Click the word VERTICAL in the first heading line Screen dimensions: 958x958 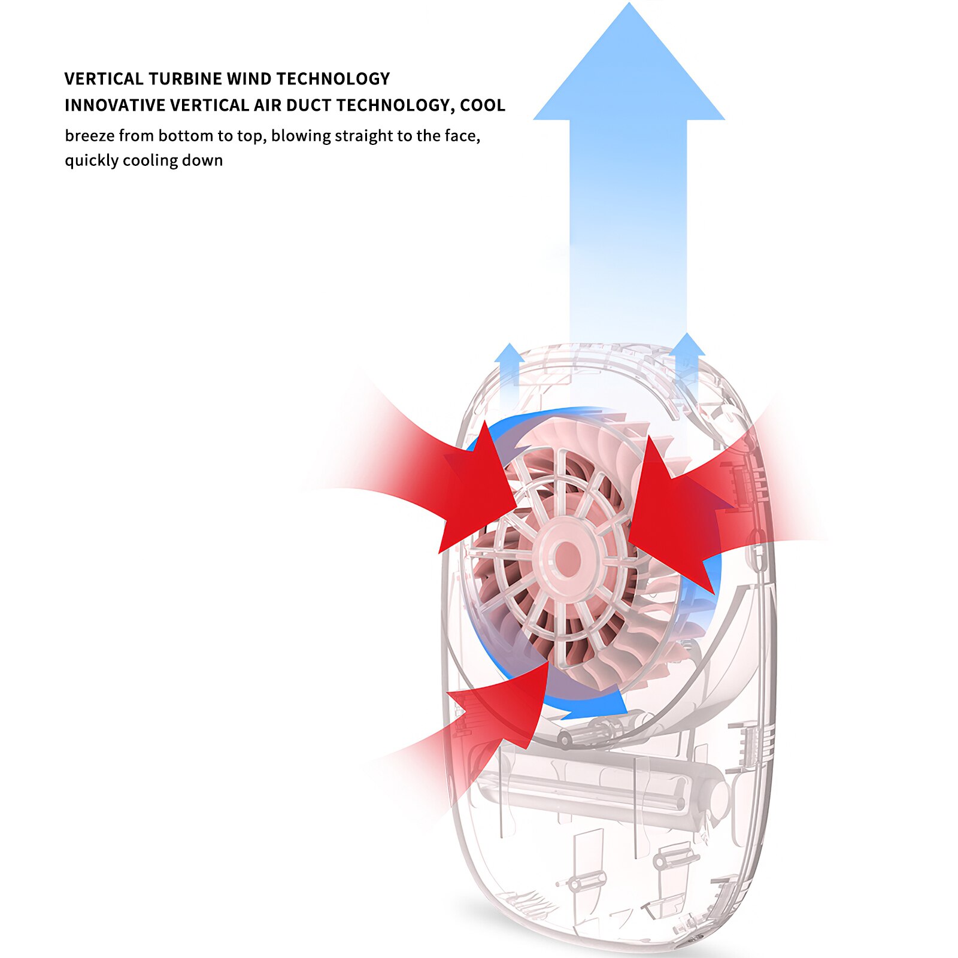[104, 79]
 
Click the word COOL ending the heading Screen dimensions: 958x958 [483, 105]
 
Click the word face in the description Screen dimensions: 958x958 [462, 137]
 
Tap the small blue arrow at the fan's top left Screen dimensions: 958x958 [509, 368]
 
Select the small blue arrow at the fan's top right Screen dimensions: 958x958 [687, 365]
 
